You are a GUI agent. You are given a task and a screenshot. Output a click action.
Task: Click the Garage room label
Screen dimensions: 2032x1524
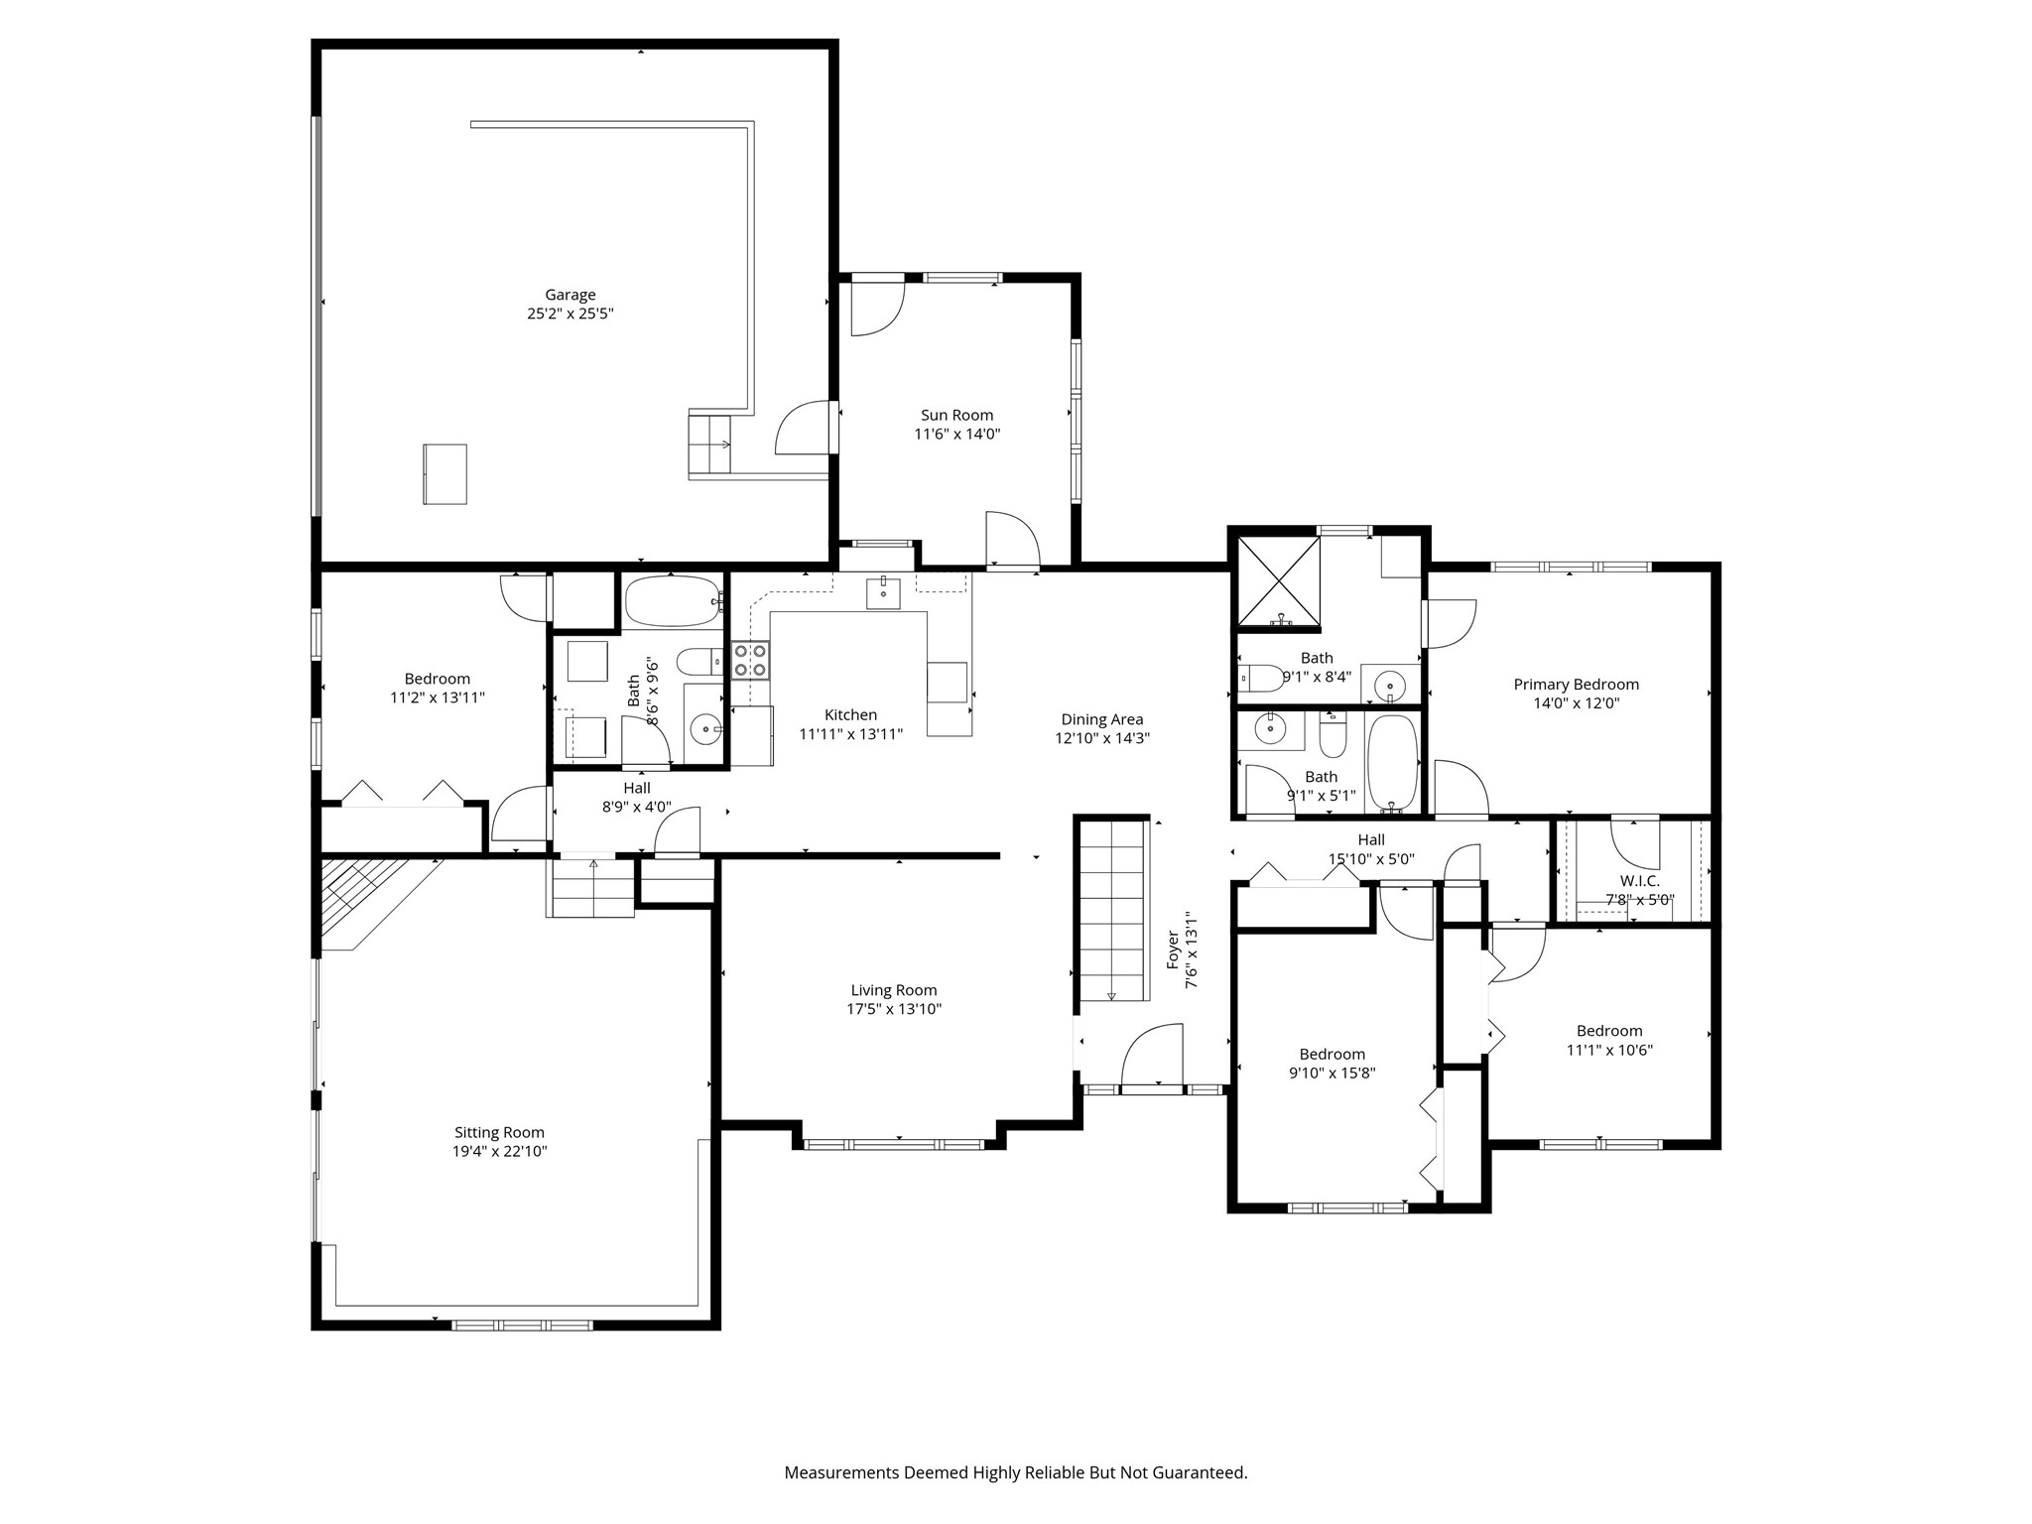click(x=571, y=295)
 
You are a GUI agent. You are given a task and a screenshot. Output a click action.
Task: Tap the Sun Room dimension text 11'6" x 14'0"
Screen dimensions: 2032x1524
click(x=956, y=434)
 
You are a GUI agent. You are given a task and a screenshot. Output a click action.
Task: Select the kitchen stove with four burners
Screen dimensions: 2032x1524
click(x=750, y=660)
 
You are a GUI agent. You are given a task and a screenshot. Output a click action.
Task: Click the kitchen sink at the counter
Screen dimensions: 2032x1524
click(x=883, y=592)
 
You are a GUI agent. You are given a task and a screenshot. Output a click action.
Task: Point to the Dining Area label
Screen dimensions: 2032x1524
click(x=1101, y=719)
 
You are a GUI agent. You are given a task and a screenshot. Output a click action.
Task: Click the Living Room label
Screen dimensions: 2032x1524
click(x=894, y=990)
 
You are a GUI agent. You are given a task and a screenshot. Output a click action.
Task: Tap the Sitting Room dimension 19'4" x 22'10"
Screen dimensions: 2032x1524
click(x=499, y=1151)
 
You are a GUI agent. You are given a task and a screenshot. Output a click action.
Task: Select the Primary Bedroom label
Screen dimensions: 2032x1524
click(x=1576, y=685)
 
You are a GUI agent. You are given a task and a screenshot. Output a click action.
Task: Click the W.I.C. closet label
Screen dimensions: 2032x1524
click(x=1639, y=881)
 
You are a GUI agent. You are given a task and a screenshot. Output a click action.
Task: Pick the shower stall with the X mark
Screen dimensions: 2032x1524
click(x=1278, y=583)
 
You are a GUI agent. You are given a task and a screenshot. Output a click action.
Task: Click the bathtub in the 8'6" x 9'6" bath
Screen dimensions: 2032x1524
click(x=671, y=601)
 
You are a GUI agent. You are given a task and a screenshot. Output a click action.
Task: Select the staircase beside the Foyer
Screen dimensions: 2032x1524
click(x=1112, y=910)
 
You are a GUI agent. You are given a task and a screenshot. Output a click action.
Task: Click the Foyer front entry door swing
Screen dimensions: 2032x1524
click(x=1152, y=1058)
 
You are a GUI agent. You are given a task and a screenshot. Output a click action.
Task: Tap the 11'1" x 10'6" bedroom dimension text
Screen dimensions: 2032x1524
click(x=1609, y=1050)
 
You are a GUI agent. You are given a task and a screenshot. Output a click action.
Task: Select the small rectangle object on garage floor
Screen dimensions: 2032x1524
click(x=445, y=474)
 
